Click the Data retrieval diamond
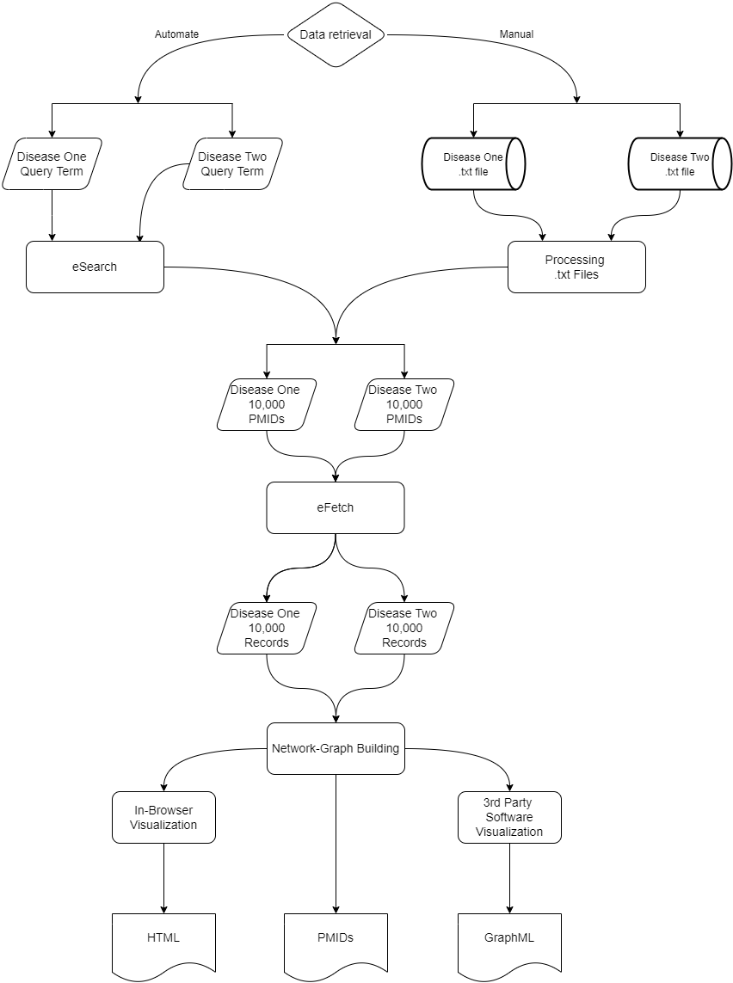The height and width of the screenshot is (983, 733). pyautogui.click(x=336, y=34)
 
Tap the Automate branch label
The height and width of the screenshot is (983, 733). pyautogui.click(x=176, y=34)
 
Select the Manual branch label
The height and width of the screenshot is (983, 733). pyautogui.click(x=516, y=34)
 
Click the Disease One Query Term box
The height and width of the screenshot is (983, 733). pyautogui.click(x=52, y=164)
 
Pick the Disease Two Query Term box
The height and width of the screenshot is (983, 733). pyautogui.click(x=232, y=164)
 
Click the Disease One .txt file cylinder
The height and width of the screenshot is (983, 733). pyautogui.click(x=473, y=164)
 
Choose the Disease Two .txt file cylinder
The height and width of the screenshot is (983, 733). pyautogui.click(x=680, y=164)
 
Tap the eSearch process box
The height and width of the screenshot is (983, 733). pyautogui.click(x=95, y=267)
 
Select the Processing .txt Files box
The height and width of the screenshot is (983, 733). pyautogui.click(x=576, y=267)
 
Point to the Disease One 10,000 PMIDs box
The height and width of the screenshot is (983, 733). pyautogui.click(x=267, y=404)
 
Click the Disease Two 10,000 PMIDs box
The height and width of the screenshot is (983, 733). pyautogui.click(x=404, y=404)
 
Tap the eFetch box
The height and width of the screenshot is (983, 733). pyautogui.click(x=336, y=507)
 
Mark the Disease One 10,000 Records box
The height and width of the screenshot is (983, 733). pyautogui.click(x=267, y=628)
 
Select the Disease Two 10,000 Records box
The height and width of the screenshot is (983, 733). pyautogui.click(x=404, y=628)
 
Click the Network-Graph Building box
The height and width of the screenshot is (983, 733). pyautogui.click(x=336, y=748)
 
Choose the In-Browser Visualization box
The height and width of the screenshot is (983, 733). pyautogui.click(x=163, y=817)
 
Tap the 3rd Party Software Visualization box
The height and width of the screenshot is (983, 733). pyautogui.click(x=509, y=817)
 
